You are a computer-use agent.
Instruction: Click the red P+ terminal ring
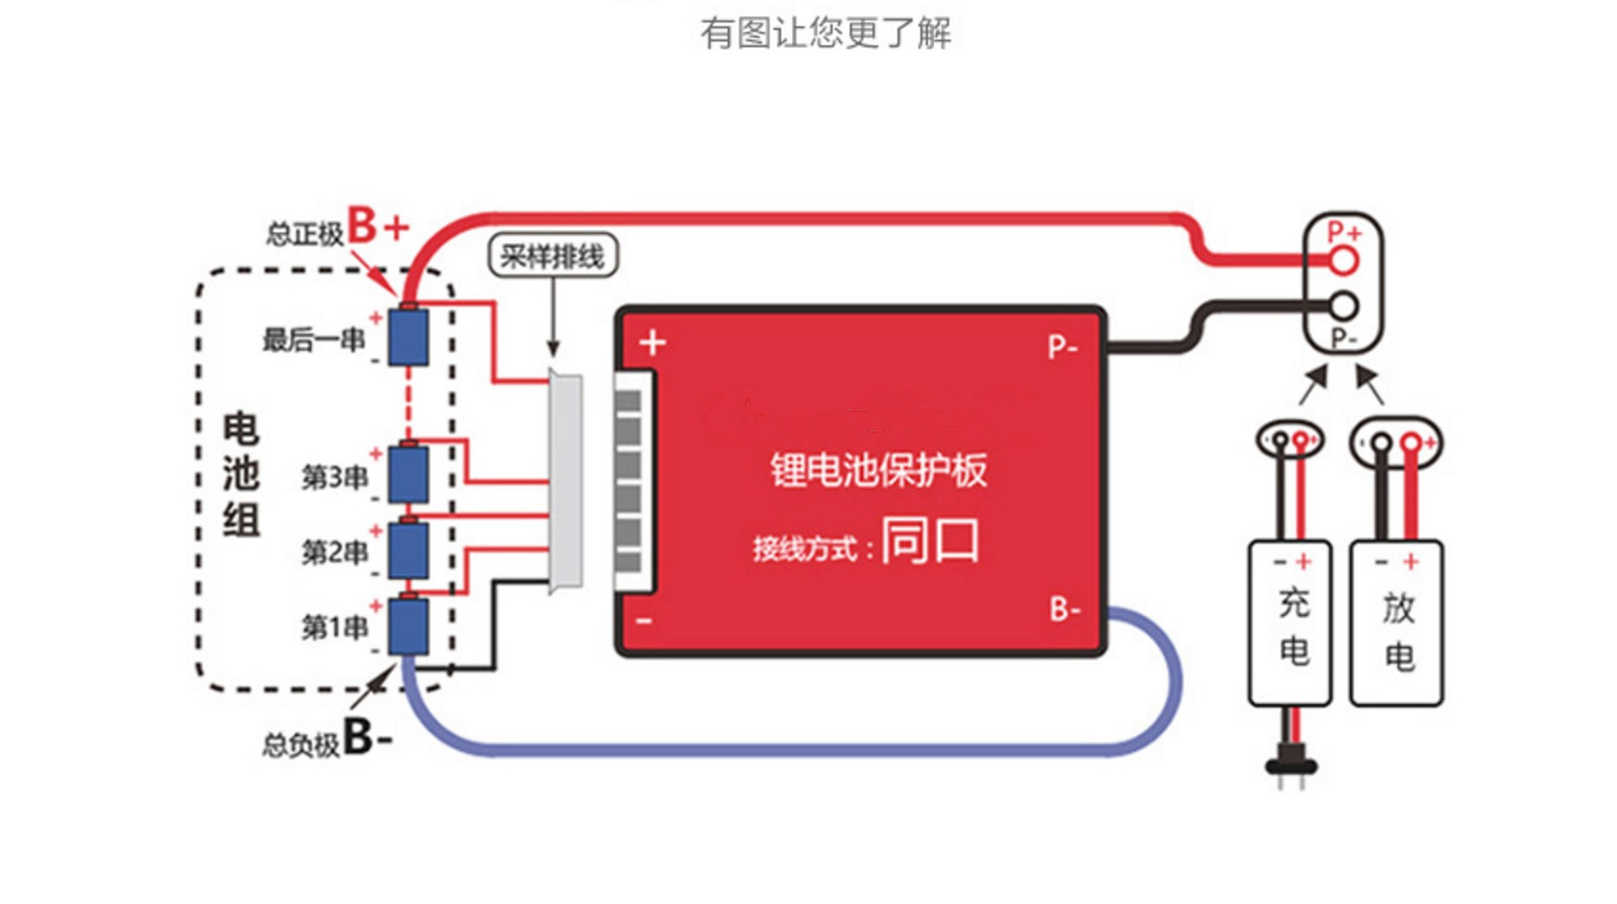pos(1344,259)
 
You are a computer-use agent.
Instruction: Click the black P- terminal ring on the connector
pos(1344,305)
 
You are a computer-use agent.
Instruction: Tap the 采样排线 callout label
pos(553,256)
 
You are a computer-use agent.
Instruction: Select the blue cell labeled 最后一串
pos(408,336)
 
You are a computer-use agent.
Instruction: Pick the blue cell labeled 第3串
pos(408,473)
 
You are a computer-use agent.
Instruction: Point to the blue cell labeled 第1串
pos(408,625)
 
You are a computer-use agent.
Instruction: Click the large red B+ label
pos(378,226)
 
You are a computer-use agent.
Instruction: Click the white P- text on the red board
pos(1063,347)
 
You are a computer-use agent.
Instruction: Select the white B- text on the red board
pos(1065,609)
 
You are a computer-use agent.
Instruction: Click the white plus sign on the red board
pos(652,343)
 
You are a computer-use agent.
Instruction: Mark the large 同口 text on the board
pos(931,540)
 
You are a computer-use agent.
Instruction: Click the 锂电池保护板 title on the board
pos(879,469)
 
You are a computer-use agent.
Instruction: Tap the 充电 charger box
pos(1290,623)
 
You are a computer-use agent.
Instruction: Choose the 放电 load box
pos(1397,623)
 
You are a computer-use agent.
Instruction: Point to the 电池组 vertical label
pos(241,475)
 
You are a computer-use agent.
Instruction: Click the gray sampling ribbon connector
pos(566,482)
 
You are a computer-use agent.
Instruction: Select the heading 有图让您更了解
pos(826,33)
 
